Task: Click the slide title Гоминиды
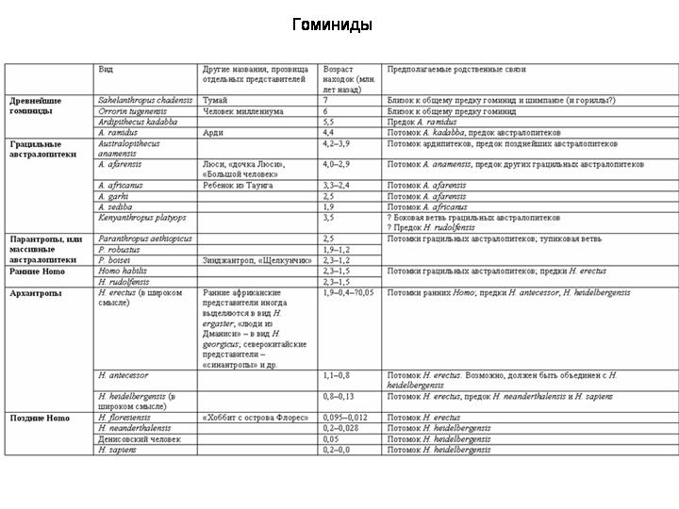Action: point(332,25)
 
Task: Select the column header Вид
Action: point(108,70)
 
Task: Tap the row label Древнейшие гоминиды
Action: point(36,105)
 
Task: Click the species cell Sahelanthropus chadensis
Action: point(145,100)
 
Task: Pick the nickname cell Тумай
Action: point(215,100)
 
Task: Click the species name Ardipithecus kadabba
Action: point(137,123)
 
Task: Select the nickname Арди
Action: point(213,134)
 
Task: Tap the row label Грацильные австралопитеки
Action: point(42,149)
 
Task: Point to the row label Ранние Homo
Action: point(37,271)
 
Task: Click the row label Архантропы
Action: point(36,293)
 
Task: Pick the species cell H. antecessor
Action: point(123,375)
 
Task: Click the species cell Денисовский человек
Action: point(140,439)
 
